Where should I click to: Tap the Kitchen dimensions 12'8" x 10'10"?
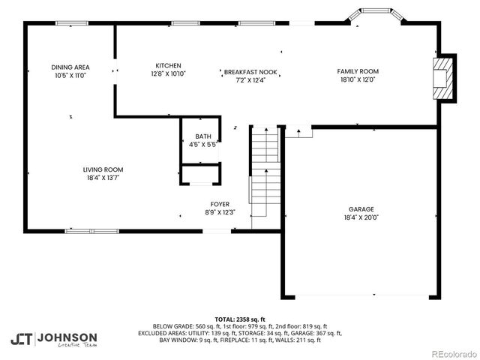tap(168, 74)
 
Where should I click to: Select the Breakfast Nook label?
tap(250, 72)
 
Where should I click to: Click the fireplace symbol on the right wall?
tap(444, 77)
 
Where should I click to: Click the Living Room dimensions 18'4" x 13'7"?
tap(103, 178)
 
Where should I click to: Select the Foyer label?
tap(220, 204)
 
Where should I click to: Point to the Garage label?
tap(361, 209)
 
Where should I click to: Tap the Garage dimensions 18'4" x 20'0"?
tap(361, 218)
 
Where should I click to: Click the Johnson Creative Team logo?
tap(53, 339)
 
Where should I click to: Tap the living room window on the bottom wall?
tap(91, 230)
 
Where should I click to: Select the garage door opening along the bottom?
tap(361, 295)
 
